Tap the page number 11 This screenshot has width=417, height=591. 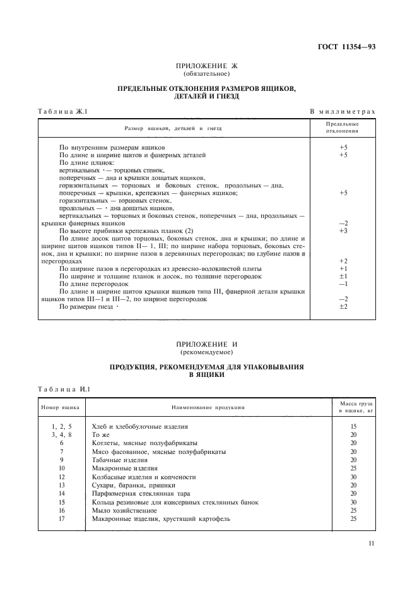point(372,542)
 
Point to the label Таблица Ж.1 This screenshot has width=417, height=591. point(62,112)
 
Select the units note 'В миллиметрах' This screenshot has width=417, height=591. point(343,112)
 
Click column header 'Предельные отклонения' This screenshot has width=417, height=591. point(343,128)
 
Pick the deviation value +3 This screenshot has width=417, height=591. point(343,230)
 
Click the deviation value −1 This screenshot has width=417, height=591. point(343,284)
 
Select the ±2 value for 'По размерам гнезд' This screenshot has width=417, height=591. point(343,306)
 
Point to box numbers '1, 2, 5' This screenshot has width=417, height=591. point(62,427)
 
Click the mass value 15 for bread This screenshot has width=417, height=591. point(353,427)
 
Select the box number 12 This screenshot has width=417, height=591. point(62,477)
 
